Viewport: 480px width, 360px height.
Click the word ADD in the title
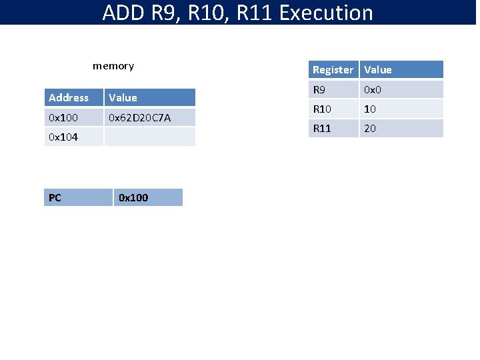tap(125, 13)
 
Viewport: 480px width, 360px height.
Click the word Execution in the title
tap(331, 13)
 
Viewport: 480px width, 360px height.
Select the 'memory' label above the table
tap(113, 66)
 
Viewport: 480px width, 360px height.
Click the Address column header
tap(69, 98)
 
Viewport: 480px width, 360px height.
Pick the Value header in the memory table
tap(123, 98)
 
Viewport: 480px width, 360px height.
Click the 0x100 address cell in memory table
tap(63, 118)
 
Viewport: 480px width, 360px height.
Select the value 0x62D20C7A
tap(140, 118)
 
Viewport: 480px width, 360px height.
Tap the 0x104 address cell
tap(63, 137)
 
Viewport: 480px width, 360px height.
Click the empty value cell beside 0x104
tap(149, 137)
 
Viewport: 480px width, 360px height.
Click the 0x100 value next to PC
tap(133, 198)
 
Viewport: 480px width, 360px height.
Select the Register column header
tap(333, 70)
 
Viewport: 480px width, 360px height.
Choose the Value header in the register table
tap(378, 70)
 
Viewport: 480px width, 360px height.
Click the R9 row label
tap(319, 89)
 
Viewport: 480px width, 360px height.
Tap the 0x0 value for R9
tap(372, 89)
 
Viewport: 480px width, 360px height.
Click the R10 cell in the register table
tap(322, 109)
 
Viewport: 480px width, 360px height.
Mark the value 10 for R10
tap(370, 109)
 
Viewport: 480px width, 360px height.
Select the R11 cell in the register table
tap(322, 129)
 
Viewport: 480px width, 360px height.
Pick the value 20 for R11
tap(370, 129)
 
